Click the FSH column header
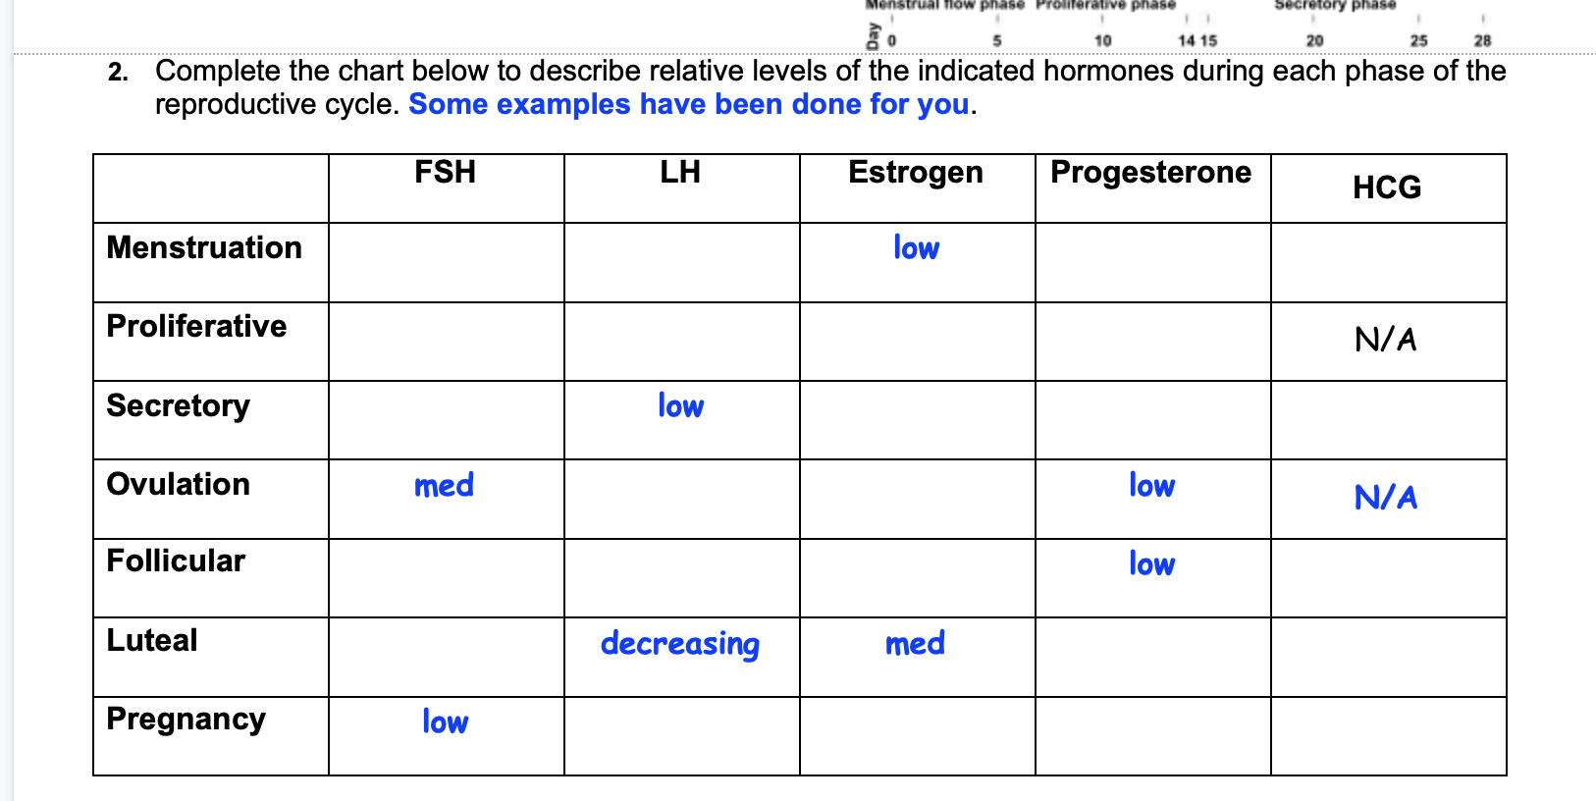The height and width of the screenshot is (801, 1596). pyautogui.click(x=445, y=173)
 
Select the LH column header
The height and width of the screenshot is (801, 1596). pyautogui.click(x=680, y=173)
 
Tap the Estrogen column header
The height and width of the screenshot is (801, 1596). pyautogui.click(x=916, y=173)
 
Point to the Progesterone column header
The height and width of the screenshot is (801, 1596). pyautogui.click(x=1150, y=173)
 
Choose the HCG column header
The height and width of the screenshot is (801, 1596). pyautogui.click(x=1387, y=187)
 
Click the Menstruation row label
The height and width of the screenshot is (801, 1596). pyautogui.click(x=204, y=247)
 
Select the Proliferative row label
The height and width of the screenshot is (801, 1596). pyautogui.click(x=196, y=326)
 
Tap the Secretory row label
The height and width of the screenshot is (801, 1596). pyautogui.click(x=178, y=405)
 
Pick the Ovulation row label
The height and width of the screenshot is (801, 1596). pyautogui.click(x=178, y=484)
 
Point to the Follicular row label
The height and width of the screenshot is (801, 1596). pyautogui.click(x=176, y=561)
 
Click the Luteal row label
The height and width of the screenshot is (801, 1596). pyautogui.click(x=152, y=640)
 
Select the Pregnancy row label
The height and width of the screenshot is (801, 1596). pyautogui.click(x=186, y=720)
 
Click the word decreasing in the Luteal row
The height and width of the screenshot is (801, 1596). pyautogui.click(x=680, y=644)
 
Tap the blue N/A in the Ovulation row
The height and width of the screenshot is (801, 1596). pyautogui.click(x=1386, y=498)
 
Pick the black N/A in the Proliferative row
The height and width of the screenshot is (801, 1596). pyautogui.click(x=1386, y=340)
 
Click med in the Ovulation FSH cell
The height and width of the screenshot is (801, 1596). pyautogui.click(x=444, y=485)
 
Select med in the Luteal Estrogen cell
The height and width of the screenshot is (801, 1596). pyautogui.click(x=915, y=644)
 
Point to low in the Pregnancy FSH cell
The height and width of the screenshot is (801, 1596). pyautogui.click(x=445, y=722)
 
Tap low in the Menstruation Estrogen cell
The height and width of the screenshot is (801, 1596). pyautogui.click(x=916, y=248)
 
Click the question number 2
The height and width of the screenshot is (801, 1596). pyautogui.click(x=119, y=73)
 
